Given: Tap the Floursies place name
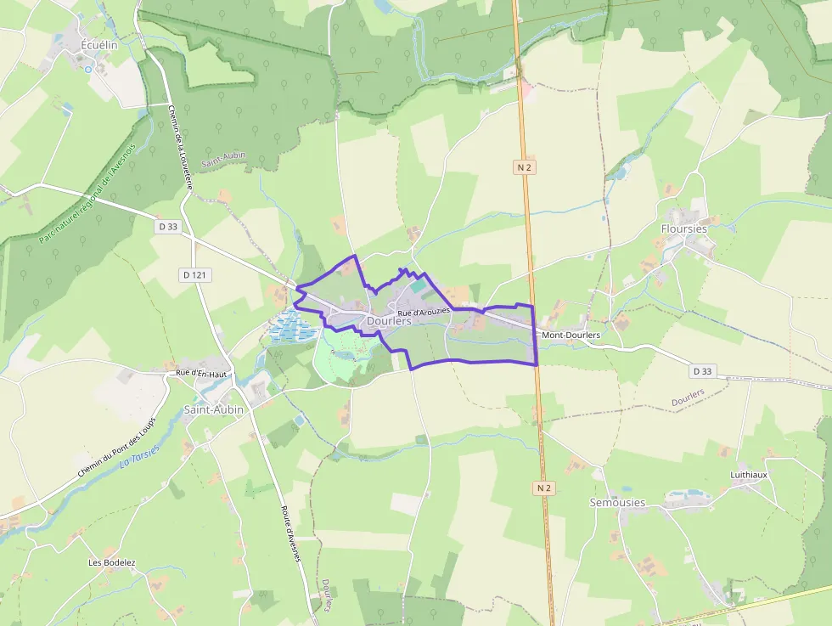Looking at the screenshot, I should pos(683,228).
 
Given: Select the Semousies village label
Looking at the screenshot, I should pos(617,502).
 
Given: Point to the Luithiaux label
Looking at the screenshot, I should pos(748,475).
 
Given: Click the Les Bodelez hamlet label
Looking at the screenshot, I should pos(111,562).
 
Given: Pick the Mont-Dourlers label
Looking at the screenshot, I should pos(571,336).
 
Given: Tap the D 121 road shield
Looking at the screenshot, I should pos(196,274).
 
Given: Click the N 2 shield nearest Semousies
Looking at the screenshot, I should pos(544,488).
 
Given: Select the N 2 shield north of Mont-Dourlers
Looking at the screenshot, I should pos(524,167).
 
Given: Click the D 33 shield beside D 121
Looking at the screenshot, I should pos(168,227).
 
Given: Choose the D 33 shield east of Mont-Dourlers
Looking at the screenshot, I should pos(701,371).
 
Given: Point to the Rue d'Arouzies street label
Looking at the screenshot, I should pos(423,313).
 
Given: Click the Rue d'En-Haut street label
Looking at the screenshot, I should pos(202,374).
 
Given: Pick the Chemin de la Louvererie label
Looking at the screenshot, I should pos(181,145).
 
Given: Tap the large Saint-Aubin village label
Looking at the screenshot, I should pos(214,409).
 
